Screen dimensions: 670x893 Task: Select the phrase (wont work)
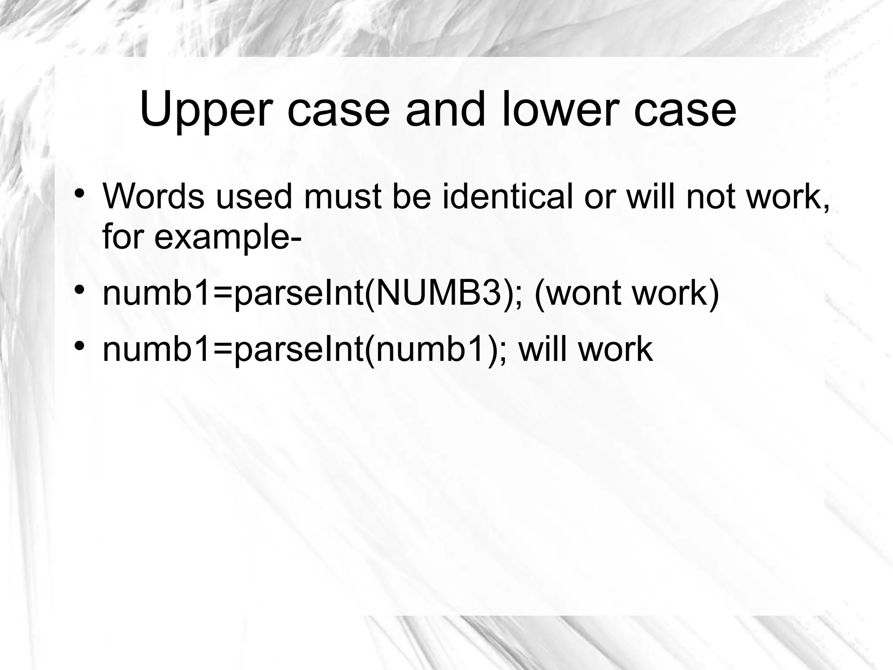click(626, 293)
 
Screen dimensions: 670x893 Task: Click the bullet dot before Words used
click(78, 193)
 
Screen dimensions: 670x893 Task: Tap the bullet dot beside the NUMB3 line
click(78, 290)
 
